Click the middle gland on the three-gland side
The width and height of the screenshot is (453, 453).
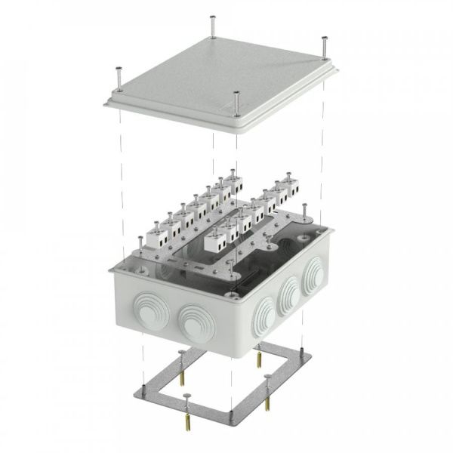[x=288, y=295]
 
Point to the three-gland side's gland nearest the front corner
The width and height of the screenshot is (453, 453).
[x=264, y=313]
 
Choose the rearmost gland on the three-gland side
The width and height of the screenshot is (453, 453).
[x=310, y=280]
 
